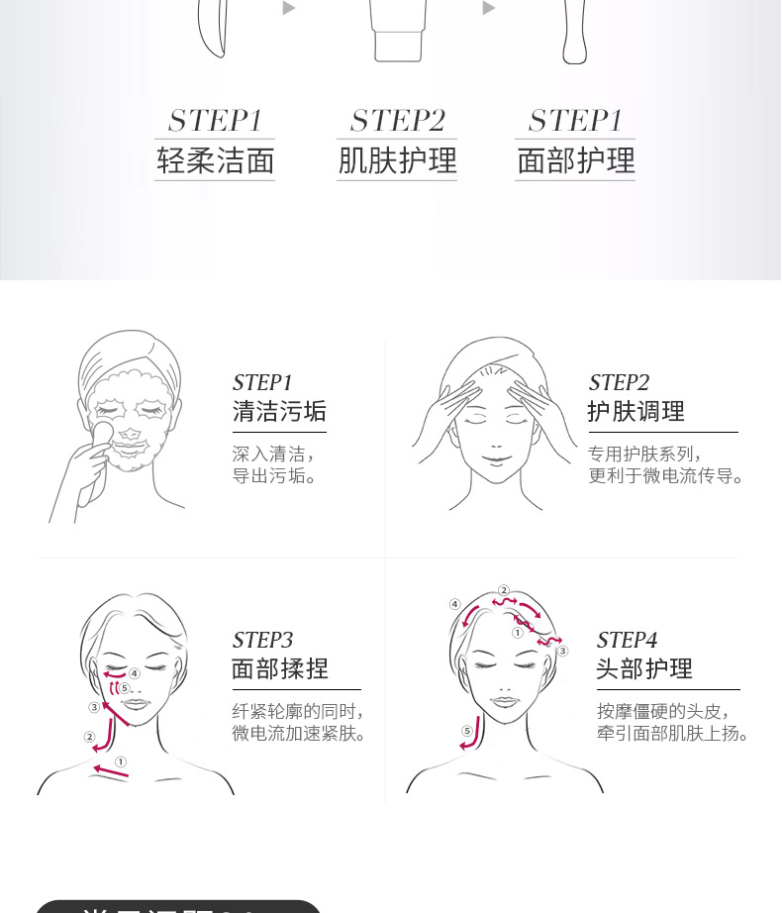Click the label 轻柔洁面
(215, 160)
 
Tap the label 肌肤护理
(397, 160)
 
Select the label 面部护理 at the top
(575, 160)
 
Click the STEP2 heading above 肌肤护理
(397, 121)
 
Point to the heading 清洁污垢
(279, 411)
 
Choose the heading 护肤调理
(635, 411)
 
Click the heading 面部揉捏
(279, 668)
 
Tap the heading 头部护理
(643, 668)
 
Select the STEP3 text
(262, 640)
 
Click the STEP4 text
(627, 640)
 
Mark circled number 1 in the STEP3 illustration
(121, 761)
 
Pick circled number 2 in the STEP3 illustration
(89, 737)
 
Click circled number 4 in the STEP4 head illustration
(454, 604)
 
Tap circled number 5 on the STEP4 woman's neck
(466, 732)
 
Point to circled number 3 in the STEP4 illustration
(562, 651)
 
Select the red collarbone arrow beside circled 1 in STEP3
(109, 770)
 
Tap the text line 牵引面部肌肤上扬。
(672, 734)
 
